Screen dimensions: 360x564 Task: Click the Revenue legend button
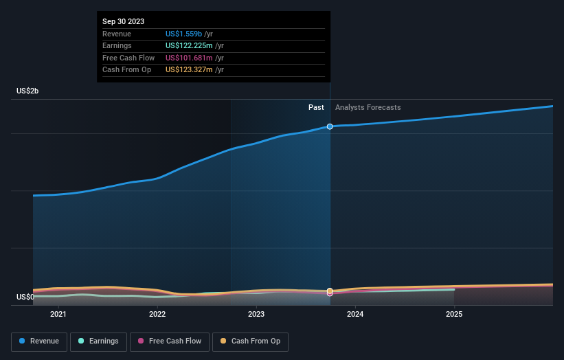tap(39, 341)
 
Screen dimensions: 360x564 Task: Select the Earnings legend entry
tap(97, 341)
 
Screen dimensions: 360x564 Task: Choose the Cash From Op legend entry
tap(251, 341)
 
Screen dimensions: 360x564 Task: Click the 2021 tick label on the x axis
tap(58, 315)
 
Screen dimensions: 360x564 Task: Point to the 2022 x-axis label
tap(157, 315)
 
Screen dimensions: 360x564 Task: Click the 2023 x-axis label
tap(256, 315)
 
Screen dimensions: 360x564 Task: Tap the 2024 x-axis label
tap(355, 315)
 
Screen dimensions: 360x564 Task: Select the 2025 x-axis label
tap(454, 315)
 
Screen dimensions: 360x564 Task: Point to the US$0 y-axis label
tap(25, 297)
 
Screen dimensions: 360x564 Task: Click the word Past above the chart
tap(316, 107)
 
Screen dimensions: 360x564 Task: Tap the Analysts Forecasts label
tap(368, 107)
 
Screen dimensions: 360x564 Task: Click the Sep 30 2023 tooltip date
tap(124, 22)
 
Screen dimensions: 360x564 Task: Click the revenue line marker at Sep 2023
tap(330, 126)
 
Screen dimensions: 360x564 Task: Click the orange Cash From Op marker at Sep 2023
tap(330, 291)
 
